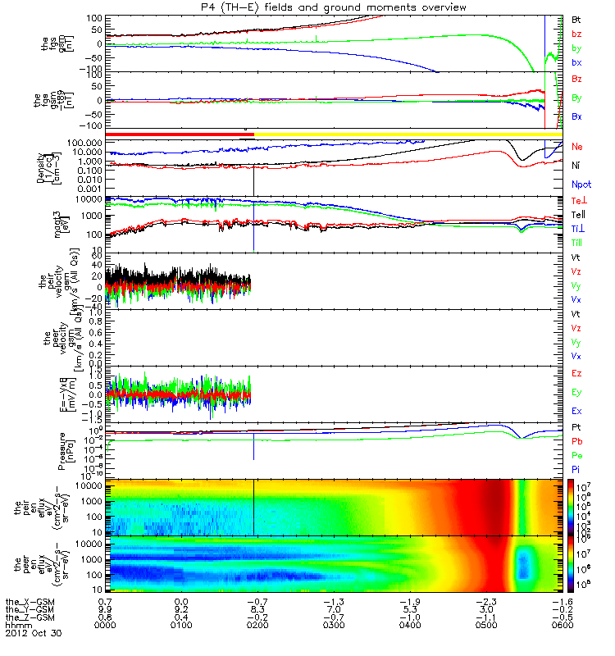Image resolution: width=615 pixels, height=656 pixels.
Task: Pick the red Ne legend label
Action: pos(577,147)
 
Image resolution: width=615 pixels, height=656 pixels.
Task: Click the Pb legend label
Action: pos(577,441)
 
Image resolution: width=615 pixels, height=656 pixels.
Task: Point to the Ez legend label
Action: pos(577,374)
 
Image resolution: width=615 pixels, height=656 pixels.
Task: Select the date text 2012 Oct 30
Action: pos(33,633)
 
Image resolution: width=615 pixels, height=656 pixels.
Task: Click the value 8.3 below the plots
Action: pos(253,609)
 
